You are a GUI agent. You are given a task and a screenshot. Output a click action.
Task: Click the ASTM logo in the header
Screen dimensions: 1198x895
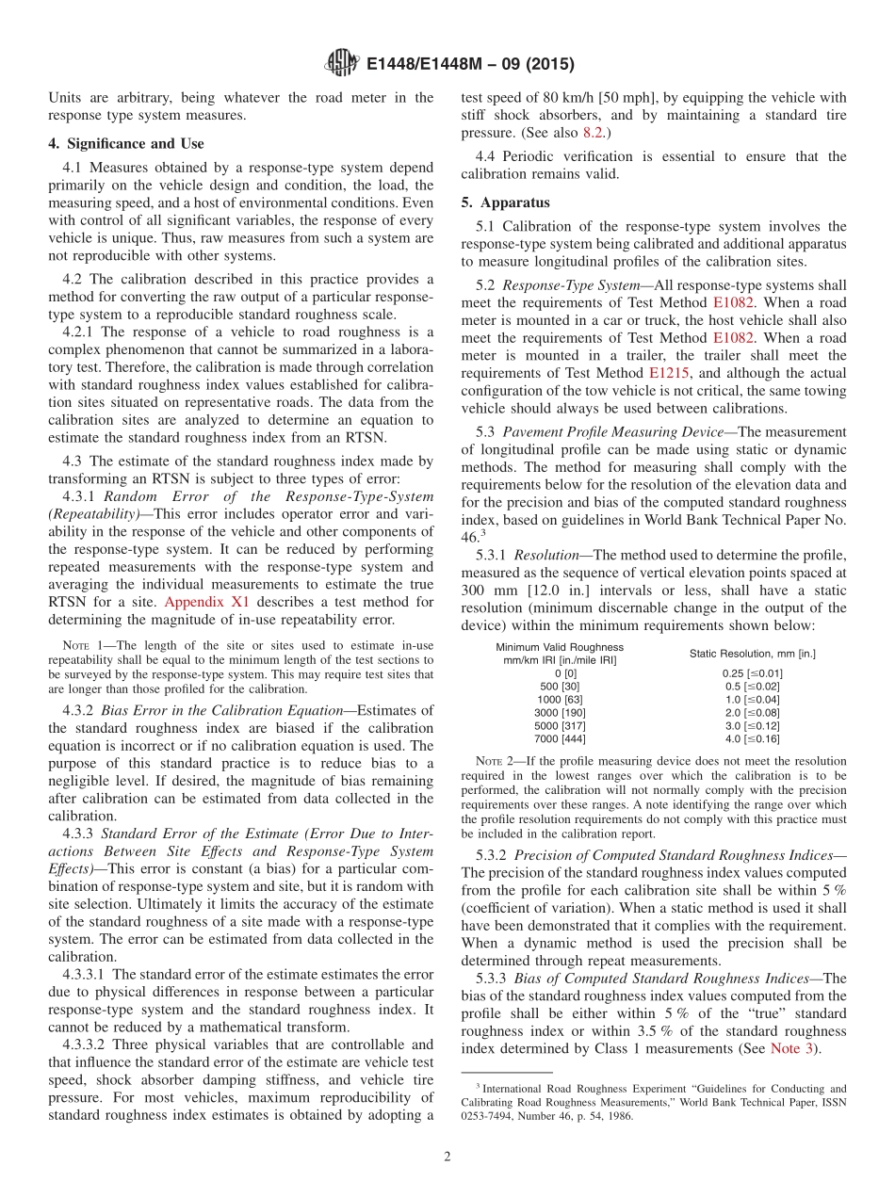click(x=341, y=63)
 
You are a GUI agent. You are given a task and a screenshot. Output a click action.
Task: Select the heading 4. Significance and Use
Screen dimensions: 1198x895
click(x=126, y=144)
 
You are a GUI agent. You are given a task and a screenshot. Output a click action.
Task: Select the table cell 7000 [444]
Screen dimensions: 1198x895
click(x=560, y=739)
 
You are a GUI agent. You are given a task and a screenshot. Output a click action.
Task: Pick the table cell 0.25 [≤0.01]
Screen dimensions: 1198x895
click(x=752, y=673)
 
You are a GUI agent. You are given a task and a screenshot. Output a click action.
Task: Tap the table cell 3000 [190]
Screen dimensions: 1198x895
click(x=560, y=713)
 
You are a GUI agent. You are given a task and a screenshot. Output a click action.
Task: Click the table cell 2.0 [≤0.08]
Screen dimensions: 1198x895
click(x=752, y=713)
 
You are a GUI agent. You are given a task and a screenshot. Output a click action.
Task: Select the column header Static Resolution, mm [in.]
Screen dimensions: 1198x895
click(x=752, y=654)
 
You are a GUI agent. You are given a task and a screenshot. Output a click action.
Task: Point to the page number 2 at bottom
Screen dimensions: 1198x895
click(x=447, y=1157)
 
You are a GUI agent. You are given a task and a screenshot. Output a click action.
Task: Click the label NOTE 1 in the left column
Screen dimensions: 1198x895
click(x=74, y=645)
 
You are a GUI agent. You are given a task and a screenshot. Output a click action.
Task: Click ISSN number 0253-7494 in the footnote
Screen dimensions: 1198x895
click(x=493, y=1117)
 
